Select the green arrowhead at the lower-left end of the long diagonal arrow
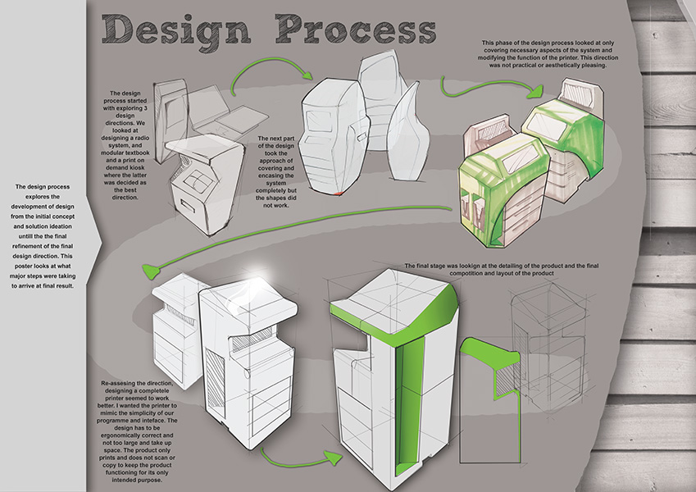pos(151,269)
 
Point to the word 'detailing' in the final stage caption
pos(525,266)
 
